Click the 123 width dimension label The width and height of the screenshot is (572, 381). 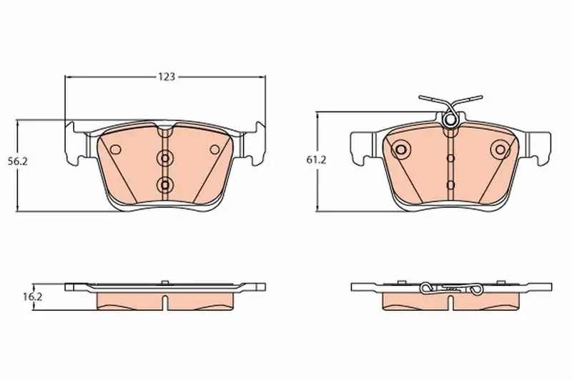[x=167, y=76]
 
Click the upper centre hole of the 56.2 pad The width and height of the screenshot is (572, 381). [x=165, y=159]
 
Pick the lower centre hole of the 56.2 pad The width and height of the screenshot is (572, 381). [x=165, y=185]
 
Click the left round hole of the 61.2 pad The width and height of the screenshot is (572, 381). [x=402, y=149]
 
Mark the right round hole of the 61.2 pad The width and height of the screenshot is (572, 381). [x=499, y=149]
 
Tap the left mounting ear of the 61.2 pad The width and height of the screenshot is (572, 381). [x=361, y=146]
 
